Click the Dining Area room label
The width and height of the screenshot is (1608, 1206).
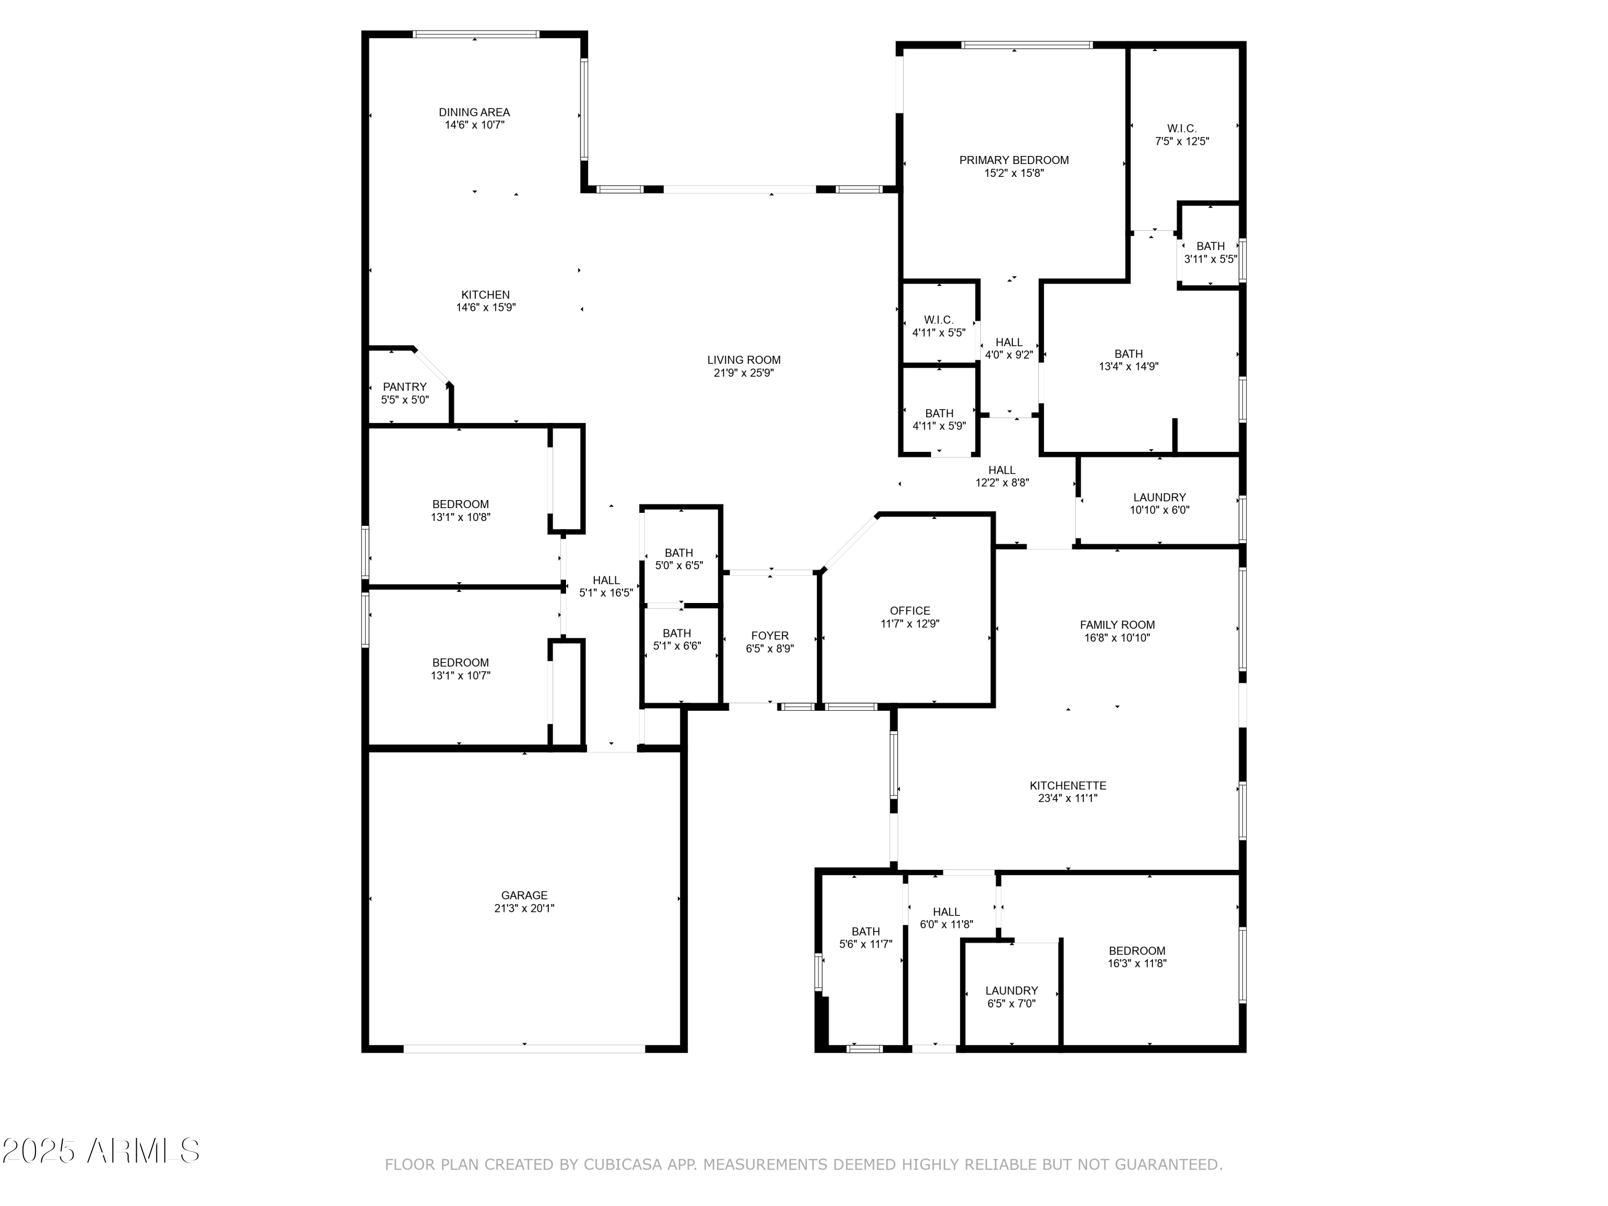(474, 112)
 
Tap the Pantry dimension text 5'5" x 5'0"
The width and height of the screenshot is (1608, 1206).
(405, 400)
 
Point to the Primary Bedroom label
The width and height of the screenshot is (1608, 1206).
(1014, 160)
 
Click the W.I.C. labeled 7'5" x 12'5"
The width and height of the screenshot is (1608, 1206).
(1181, 135)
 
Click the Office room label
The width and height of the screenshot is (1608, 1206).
(910, 611)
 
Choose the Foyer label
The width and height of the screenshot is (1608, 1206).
(769, 635)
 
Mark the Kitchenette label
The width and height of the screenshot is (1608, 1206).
(1067, 785)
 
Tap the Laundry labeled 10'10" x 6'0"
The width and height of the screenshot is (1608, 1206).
(1159, 504)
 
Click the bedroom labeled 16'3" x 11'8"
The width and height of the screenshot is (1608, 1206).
(1136, 957)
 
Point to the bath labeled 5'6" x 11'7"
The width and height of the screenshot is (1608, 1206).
(865, 938)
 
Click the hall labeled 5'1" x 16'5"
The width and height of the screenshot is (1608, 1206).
(606, 586)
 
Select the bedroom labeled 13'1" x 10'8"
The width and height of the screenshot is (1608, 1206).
(460, 510)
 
